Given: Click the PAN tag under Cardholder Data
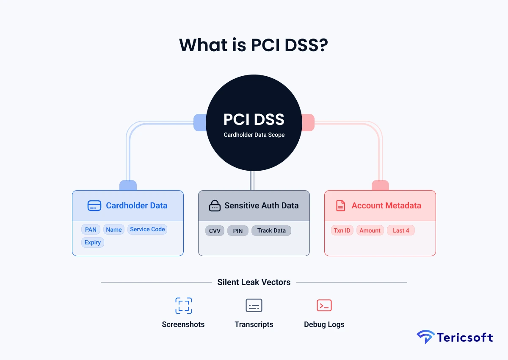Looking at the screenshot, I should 91,230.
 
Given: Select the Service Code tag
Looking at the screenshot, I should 147,229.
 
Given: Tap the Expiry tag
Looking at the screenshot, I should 93,242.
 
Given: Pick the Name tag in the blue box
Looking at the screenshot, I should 114,230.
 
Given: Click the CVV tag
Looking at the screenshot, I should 215,230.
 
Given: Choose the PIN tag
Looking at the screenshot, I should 238,230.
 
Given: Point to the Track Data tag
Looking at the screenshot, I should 271,230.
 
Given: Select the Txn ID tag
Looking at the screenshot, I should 342,230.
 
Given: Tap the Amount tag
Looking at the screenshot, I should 370,230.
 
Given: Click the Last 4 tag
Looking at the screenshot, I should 401,230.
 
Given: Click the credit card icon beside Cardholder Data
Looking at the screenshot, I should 94,206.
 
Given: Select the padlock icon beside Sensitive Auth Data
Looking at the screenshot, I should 215,206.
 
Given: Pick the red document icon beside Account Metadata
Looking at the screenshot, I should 340,206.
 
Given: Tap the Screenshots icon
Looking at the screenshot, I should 183,305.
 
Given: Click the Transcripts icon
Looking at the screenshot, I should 254,305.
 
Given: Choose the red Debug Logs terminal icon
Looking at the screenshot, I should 324,305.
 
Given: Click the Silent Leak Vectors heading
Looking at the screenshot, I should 254,282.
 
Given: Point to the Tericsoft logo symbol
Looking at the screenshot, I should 425,337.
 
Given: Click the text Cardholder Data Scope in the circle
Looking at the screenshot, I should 254,135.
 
